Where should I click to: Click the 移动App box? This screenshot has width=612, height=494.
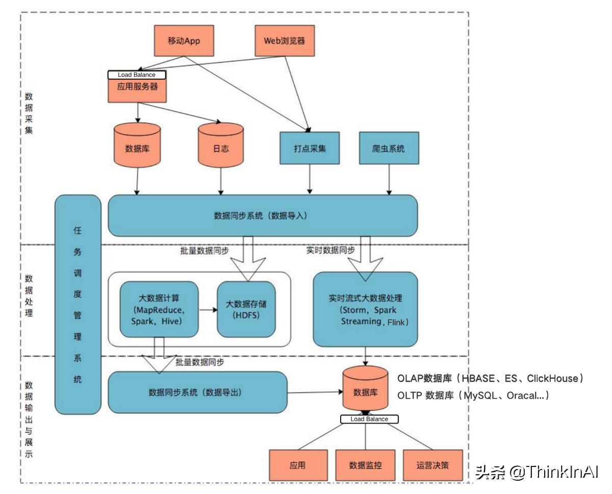coord(183,40)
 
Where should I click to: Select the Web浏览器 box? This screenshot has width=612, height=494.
coord(285,40)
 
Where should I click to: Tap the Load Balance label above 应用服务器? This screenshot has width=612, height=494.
coord(137,75)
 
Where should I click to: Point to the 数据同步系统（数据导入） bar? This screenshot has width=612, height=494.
coord(263,215)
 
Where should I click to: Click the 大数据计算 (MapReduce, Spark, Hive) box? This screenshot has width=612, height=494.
coord(158,309)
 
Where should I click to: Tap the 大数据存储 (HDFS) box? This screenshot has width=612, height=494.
coord(246,309)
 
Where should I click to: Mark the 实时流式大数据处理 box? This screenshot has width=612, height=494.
coord(365,309)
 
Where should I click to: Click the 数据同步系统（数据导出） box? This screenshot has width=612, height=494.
coord(197,392)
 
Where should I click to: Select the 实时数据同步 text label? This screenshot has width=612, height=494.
coord(330,250)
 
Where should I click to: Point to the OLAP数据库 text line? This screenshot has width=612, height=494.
coord(490,379)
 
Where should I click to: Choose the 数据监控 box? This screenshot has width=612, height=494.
coord(365,465)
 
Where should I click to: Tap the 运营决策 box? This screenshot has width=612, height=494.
coord(433,465)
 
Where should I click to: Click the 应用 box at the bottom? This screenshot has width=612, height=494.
coord(297,465)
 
